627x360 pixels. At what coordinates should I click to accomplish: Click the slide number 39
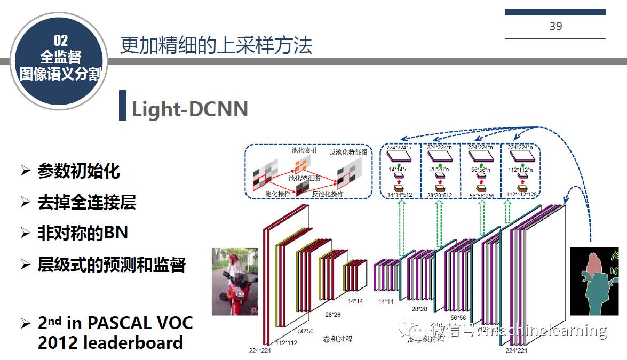tap(555, 26)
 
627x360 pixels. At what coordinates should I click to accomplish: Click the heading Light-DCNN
tap(189, 109)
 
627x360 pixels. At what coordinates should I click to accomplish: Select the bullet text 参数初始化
tap(78, 171)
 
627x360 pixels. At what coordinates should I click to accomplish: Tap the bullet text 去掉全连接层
tap(86, 202)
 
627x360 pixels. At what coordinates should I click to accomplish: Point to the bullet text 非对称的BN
tap(82, 233)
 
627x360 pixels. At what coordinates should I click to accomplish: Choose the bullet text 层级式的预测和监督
tap(111, 265)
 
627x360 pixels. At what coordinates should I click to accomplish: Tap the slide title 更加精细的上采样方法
tap(216, 45)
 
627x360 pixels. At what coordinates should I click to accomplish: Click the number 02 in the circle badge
tap(60, 40)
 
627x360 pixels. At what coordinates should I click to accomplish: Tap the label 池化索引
tap(304, 151)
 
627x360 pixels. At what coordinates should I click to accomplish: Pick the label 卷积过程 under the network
tap(337, 339)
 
